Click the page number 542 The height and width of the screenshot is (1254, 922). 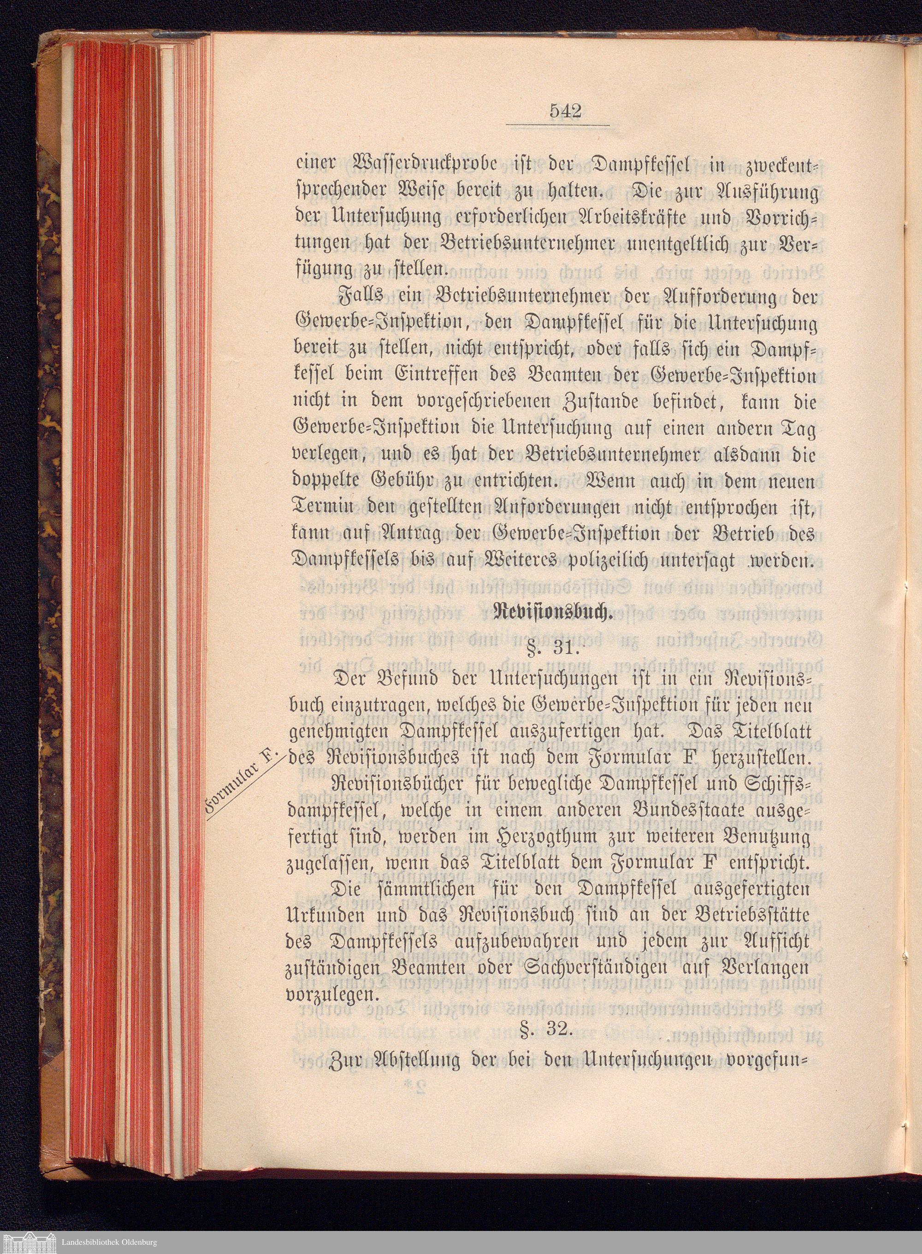(x=565, y=112)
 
